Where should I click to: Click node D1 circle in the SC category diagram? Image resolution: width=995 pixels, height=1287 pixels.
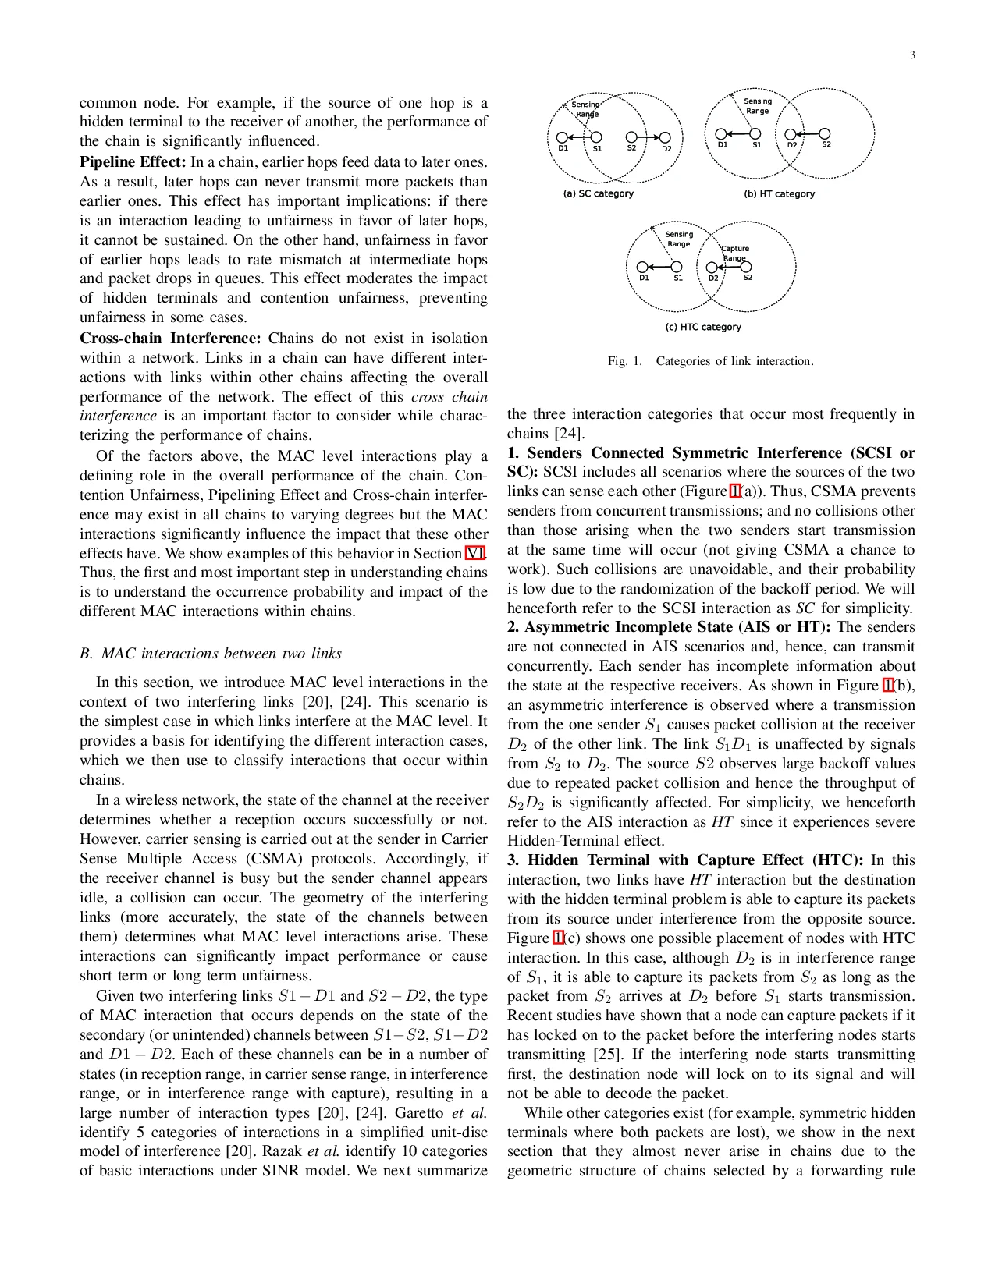click(562, 137)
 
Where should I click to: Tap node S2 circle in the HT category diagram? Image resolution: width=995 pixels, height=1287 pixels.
click(824, 134)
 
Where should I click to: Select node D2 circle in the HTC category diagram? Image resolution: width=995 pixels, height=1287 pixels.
click(712, 268)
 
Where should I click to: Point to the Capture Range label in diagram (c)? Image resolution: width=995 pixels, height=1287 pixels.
click(734, 253)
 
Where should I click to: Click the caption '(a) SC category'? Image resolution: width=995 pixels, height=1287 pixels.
click(598, 193)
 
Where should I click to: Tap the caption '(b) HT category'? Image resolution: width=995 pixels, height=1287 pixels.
click(779, 193)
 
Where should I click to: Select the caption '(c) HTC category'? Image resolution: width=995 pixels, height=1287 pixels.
click(702, 327)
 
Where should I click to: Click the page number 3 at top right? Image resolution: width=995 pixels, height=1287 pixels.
click(911, 55)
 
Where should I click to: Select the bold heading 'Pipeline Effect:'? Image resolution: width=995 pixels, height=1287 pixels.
click(133, 162)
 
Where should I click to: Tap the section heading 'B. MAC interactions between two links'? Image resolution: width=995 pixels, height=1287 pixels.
click(211, 654)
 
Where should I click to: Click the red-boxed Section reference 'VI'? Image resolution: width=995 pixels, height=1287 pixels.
click(474, 553)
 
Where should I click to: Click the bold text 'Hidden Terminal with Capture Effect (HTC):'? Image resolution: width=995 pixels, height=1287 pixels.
click(695, 860)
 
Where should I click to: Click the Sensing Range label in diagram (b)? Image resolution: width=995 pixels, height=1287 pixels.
click(757, 106)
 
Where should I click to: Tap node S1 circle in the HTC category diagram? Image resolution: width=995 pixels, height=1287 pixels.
click(676, 268)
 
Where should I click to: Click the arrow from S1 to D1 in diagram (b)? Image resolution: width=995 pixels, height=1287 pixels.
click(738, 134)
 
